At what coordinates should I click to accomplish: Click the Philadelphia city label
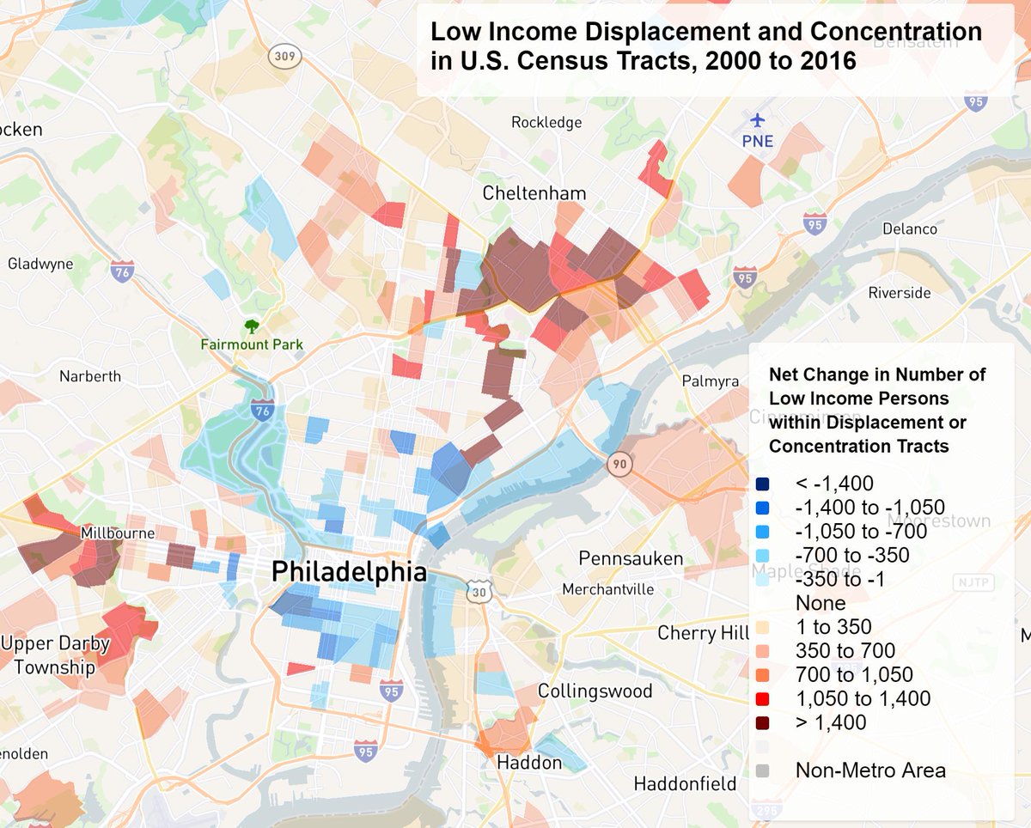(x=349, y=571)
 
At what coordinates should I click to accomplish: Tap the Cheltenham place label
(x=534, y=192)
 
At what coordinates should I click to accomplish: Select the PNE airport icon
(x=758, y=120)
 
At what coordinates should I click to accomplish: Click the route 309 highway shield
(x=283, y=57)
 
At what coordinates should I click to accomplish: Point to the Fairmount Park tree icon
(x=252, y=326)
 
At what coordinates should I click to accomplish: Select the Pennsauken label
(x=631, y=559)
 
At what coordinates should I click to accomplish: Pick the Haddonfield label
(x=685, y=783)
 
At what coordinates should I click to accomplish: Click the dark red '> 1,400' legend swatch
(x=762, y=722)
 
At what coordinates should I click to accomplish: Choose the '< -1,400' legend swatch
(x=762, y=484)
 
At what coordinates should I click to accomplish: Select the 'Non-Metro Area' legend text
(x=870, y=770)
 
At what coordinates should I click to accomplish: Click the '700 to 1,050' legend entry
(x=854, y=675)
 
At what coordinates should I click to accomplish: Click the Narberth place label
(x=90, y=376)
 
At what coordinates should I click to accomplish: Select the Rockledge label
(x=546, y=123)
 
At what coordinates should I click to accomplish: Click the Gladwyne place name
(x=40, y=264)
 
